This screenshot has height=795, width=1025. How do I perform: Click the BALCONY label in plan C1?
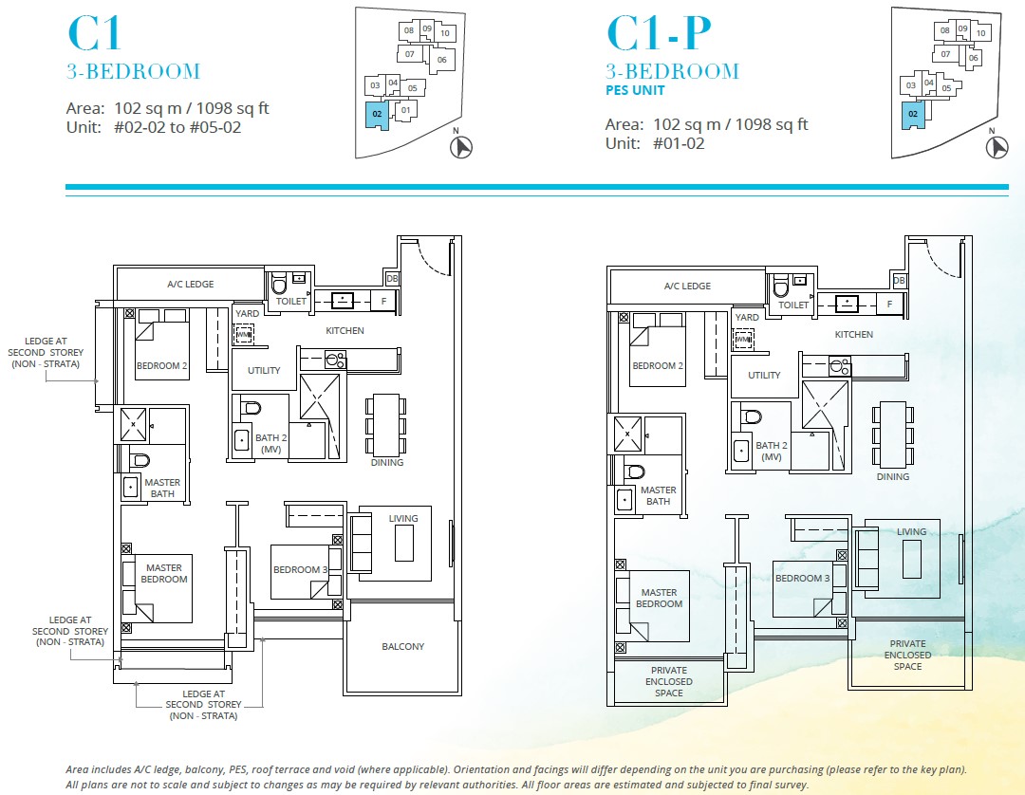(x=402, y=646)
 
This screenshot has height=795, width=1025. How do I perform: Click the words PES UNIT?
(x=635, y=91)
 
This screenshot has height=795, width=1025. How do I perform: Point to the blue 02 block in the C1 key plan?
(x=377, y=116)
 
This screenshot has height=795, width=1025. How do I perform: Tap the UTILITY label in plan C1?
(x=264, y=370)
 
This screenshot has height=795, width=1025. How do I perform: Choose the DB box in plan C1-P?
(x=899, y=281)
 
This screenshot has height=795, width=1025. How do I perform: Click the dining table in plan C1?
(x=387, y=424)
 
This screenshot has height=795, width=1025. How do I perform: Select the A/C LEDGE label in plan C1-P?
(x=688, y=286)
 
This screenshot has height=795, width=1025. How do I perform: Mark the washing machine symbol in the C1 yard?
(x=244, y=334)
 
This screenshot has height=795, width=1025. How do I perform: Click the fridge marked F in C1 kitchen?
(x=383, y=301)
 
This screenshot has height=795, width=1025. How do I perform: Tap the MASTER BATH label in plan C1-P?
(x=658, y=495)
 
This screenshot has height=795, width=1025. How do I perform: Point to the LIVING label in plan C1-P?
(x=911, y=531)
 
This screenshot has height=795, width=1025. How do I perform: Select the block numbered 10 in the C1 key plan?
(x=444, y=32)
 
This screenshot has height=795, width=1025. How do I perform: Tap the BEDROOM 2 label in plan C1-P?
(x=655, y=365)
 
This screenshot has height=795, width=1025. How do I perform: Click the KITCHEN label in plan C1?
(x=345, y=330)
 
